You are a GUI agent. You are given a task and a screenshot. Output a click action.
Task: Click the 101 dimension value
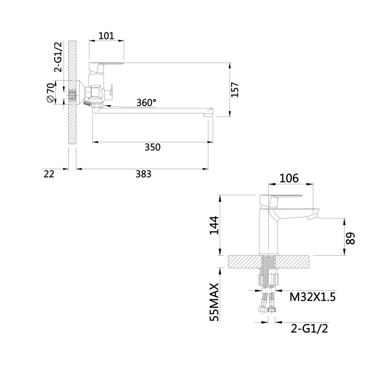click(x=107, y=36)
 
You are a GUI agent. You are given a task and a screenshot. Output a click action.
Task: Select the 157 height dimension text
click(x=235, y=90)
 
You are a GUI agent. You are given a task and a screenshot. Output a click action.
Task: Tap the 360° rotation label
click(x=146, y=103)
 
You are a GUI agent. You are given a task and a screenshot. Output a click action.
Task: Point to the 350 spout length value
click(x=152, y=147)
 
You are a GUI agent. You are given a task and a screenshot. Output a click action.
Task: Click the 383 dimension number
click(x=143, y=174)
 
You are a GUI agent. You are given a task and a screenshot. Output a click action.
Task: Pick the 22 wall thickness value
click(x=48, y=174)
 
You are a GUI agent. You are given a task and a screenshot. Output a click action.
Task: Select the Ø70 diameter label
click(x=50, y=92)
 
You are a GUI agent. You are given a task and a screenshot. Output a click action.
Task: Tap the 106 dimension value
click(x=289, y=178)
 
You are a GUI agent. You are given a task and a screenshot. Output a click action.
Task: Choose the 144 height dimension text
click(x=214, y=225)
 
